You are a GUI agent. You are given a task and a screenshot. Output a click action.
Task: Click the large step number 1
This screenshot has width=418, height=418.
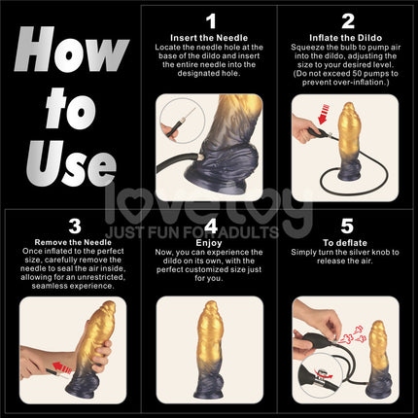210,19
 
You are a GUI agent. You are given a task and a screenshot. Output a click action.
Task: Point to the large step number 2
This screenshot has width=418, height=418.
347,19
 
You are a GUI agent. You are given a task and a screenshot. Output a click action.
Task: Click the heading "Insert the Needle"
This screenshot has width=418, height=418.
210,36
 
